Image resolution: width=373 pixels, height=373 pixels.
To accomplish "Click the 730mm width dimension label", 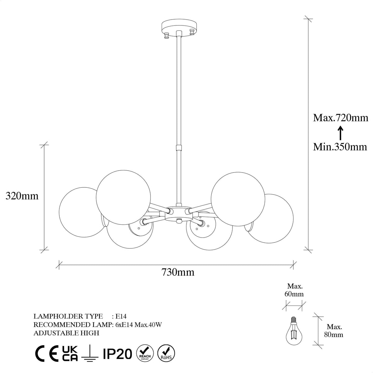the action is pos(178,272).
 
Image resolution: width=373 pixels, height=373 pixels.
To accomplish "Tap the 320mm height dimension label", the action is pos(22,196).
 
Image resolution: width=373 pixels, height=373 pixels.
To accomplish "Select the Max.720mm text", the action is pos(341,118).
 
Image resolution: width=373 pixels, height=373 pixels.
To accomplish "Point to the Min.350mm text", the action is pos(340,147).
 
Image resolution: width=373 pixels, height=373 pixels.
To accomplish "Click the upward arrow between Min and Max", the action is pos(341,133).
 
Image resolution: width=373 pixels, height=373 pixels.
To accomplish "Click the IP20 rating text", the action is pos(117,354).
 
